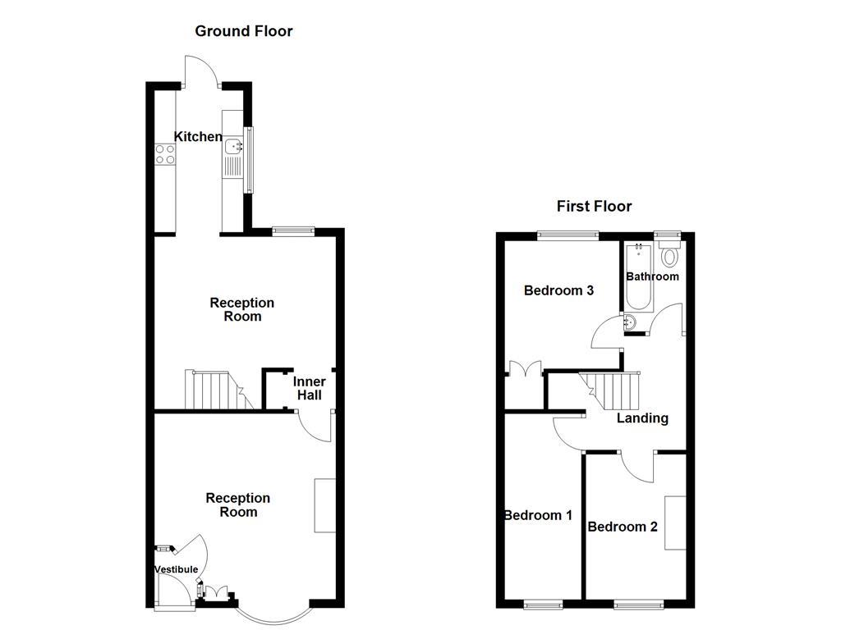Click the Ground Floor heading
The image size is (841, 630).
[243, 31]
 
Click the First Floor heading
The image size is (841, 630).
[594, 206]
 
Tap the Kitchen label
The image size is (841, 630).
[198, 137]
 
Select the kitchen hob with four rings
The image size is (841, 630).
[165, 154]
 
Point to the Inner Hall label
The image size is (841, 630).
[310, 388]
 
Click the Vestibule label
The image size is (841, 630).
[176, 569]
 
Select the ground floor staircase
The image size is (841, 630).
[216, 390]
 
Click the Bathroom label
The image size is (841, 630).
[652, 276]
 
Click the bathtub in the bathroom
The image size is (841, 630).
[638, 277]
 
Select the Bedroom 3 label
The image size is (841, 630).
[558, 290]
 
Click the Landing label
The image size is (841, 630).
[642, 418]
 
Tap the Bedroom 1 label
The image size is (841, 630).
[538, 515]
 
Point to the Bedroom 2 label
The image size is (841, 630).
[623, 527]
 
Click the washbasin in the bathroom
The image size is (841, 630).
[631, 321]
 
